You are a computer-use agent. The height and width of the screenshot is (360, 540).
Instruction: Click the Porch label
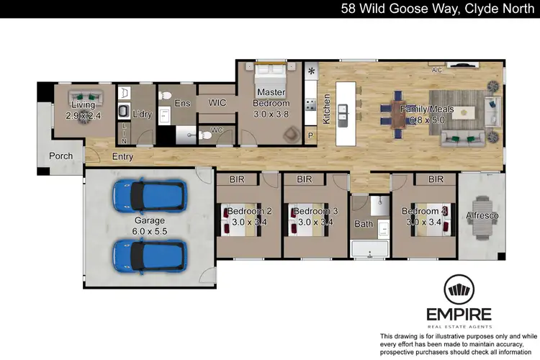pos(60,156)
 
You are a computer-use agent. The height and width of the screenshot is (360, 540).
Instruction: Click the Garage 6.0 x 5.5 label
pos(149,225)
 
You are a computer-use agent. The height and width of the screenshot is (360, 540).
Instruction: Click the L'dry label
pos(143,114)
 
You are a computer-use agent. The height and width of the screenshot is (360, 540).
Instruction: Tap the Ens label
pos(183,104)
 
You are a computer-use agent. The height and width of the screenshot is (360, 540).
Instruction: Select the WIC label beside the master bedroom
pos(217,104)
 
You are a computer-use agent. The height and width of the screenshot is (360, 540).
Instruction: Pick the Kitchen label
pos(326,109)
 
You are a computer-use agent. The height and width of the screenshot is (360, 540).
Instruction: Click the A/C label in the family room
pos(436,71)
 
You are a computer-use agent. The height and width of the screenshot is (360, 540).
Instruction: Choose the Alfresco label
pos(482,215)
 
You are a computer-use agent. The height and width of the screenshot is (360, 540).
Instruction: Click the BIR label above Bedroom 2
pos(237,179)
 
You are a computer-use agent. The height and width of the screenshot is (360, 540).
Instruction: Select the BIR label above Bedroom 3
pos(304,179)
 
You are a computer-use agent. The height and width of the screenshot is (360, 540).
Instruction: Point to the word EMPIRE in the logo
pos(459,314)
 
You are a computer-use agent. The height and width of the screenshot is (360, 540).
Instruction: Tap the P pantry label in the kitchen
pos(311,135)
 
